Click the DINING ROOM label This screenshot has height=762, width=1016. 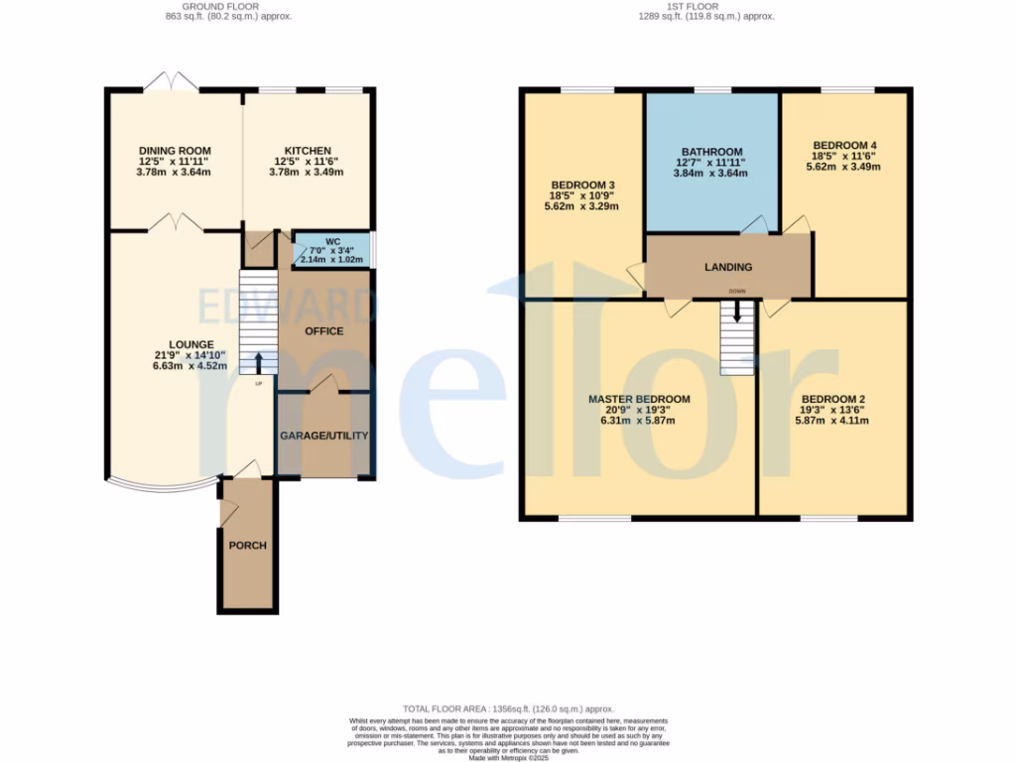(175, 151)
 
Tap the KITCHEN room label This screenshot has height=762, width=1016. (308, 151)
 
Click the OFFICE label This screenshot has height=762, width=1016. (323, 330)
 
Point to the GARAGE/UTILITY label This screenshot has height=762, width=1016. (323, 436)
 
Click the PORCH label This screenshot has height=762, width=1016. (247, 545)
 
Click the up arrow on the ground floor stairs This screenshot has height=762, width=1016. (258, 362)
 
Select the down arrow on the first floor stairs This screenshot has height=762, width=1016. (736, 312)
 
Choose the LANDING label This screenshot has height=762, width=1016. (728, 267)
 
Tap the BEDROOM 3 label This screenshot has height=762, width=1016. (584, 186)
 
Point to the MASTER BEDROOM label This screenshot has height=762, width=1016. (639, 399)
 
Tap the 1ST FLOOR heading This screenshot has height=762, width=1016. (705, 6)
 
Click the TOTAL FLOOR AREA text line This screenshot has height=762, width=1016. (507, 708)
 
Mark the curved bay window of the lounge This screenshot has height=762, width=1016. (162, 486)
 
